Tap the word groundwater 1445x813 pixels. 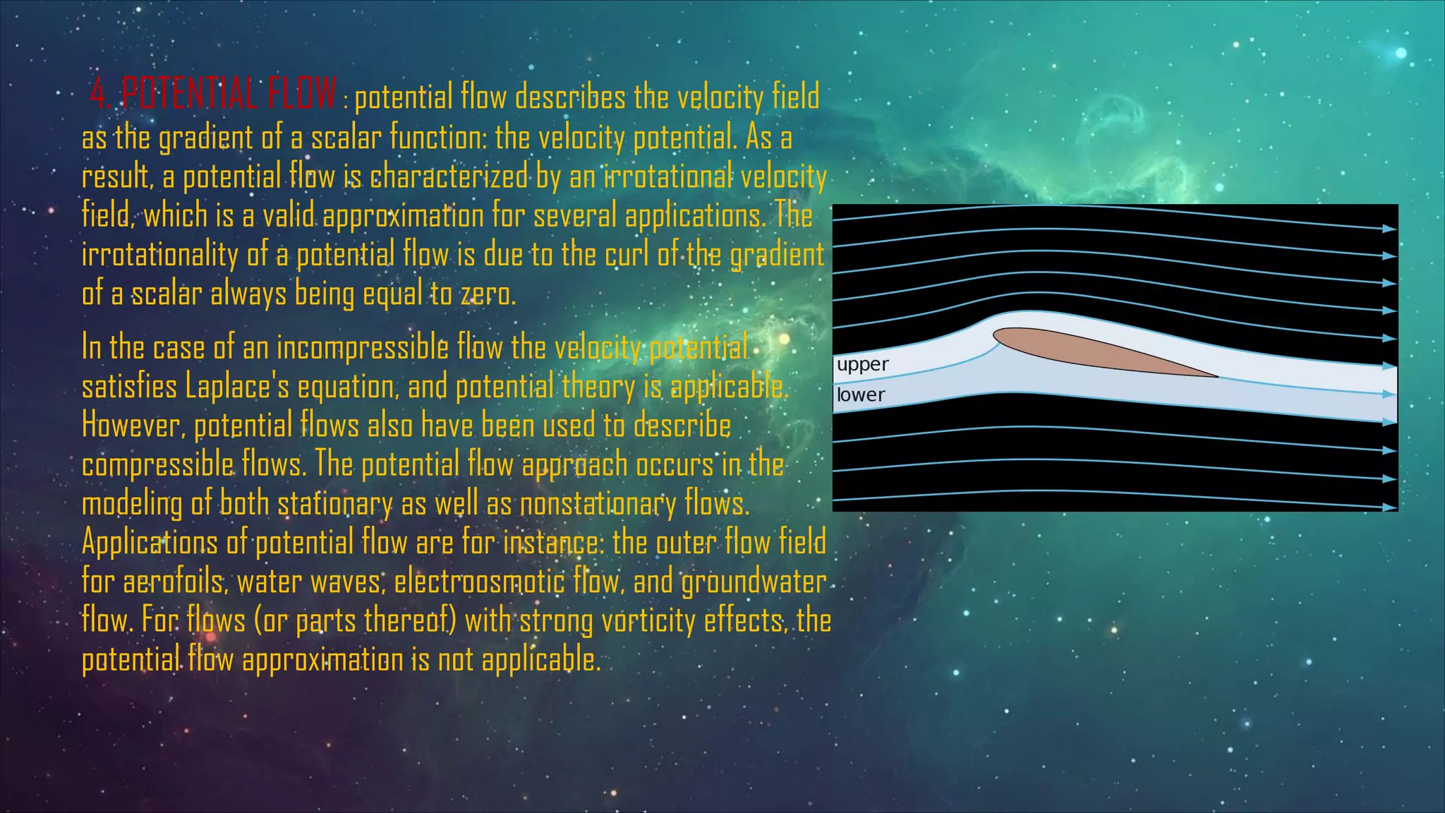[754, 582]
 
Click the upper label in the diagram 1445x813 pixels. [862, 365]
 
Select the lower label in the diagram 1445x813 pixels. [860, 395]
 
